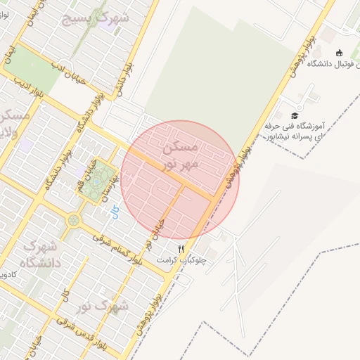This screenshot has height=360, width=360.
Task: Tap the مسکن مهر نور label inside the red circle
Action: pos(181,155)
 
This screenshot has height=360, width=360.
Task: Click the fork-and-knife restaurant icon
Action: pos(181,249)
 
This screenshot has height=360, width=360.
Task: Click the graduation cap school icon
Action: pos(295,115)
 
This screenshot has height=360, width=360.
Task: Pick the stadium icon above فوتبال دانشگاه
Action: pos(340,53)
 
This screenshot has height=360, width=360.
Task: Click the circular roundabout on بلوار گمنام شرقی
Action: pos(73,221)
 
